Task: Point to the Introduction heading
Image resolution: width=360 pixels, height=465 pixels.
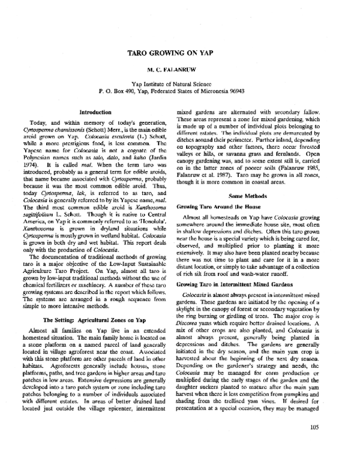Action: coord(95,112)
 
